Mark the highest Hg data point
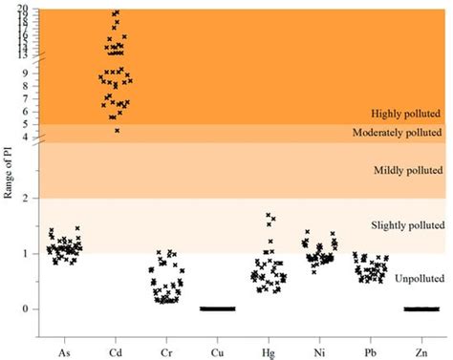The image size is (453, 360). click(269, 215)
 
